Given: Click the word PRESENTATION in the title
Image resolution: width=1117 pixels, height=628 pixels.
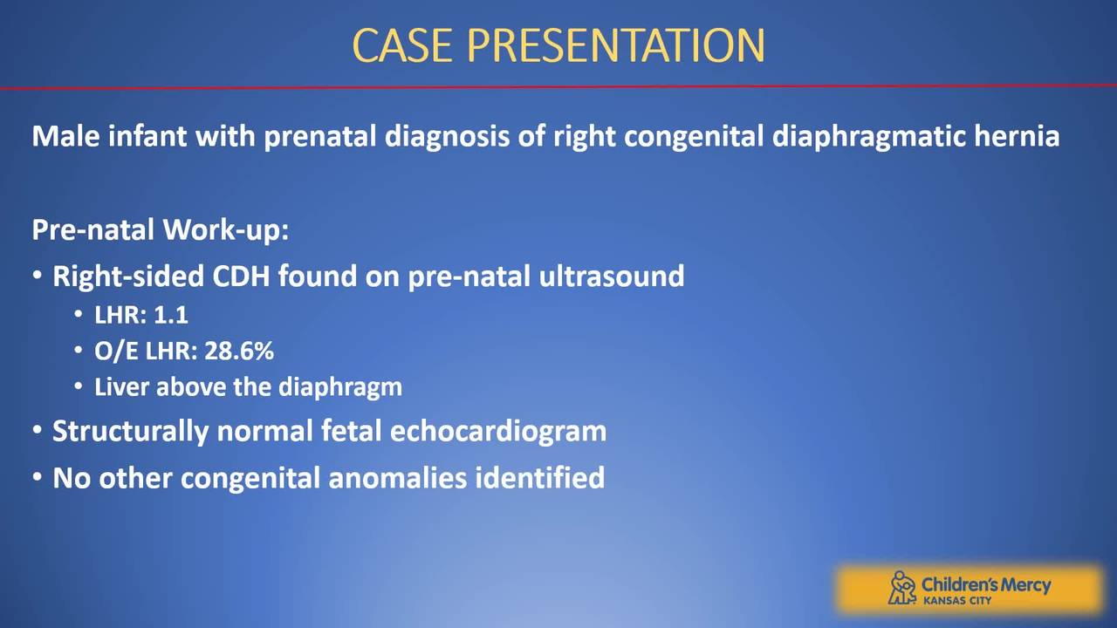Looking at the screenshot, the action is [615, 45].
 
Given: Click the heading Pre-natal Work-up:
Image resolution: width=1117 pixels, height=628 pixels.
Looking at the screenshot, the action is [160, 230].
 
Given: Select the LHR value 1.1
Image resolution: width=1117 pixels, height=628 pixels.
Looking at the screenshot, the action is [171, 315].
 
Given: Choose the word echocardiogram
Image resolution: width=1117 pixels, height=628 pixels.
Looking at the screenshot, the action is [498, 432].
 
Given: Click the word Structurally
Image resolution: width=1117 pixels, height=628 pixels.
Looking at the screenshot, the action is [130, 432].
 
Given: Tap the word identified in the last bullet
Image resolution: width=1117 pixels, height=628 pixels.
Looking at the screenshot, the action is [539, 477].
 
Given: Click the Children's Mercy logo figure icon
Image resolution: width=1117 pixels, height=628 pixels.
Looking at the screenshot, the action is [901, 588].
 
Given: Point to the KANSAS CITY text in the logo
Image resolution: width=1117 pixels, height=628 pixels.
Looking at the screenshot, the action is [957, 601].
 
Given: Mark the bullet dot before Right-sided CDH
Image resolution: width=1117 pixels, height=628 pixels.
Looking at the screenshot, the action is [38, 276].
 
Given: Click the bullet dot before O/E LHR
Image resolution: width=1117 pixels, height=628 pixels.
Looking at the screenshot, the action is [79, 351].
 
